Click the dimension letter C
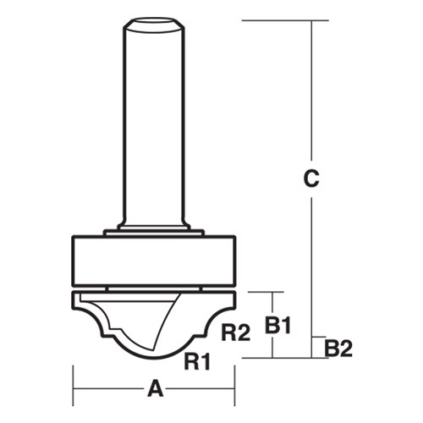tap(312, 179)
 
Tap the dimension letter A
tap(154, 389)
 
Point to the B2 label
tap(338, 347)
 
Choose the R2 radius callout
tap(234, 332)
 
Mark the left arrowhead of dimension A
tap(78, 389)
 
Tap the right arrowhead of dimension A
tap(229, 389)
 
